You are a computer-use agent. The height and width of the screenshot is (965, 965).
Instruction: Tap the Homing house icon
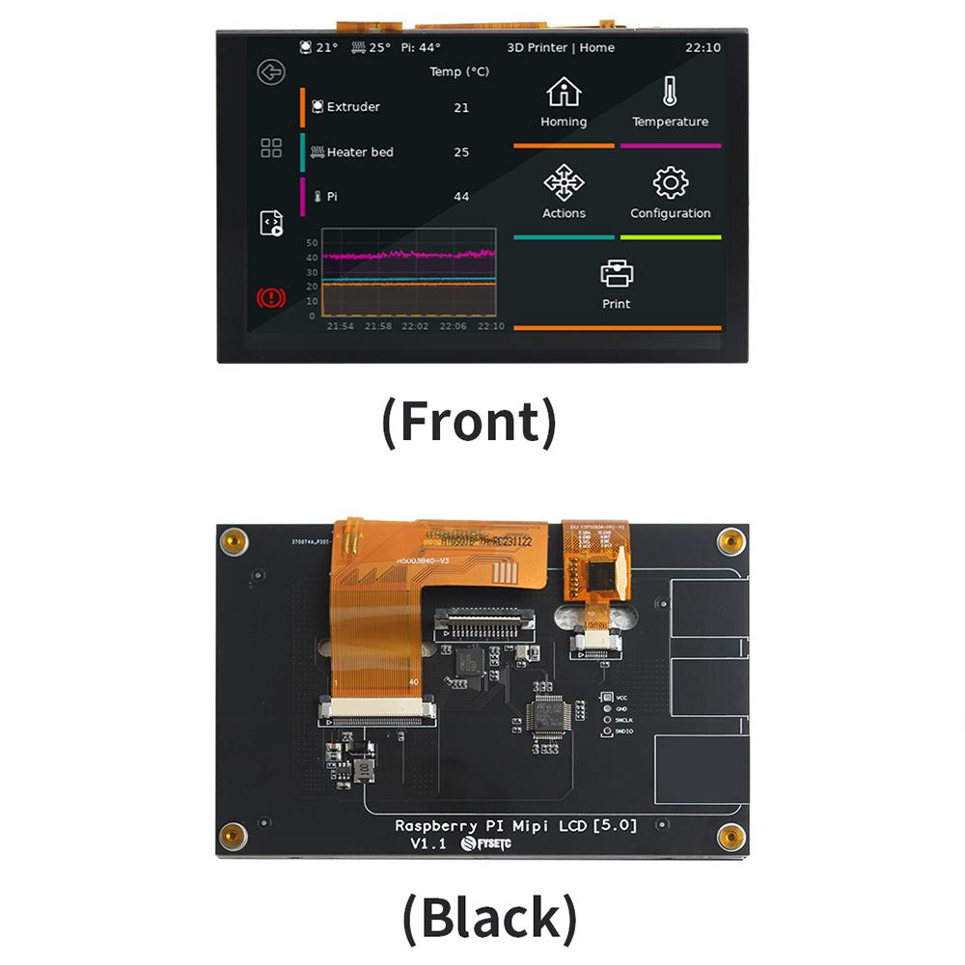pyautogui.click(x=564, y=93)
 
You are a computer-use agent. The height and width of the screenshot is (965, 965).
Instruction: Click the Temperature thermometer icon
pyautogui.click(x=670, y=93)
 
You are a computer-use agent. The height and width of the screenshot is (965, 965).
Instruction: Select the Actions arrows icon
pyautogui.click(x=564, y=181)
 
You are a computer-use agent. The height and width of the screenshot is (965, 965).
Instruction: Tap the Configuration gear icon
pyautogui.click(x=670, y=182)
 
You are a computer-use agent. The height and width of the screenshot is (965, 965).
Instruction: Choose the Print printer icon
pyautogui.click(x=617, y=273)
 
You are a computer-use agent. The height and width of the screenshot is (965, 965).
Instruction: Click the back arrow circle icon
pyautogui.click(x=271, y=72)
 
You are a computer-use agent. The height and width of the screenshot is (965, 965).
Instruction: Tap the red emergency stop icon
pyautogui.click(x=271, y=297)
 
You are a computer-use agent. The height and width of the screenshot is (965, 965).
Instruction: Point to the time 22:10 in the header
pyautogui.click(x=703, y=47)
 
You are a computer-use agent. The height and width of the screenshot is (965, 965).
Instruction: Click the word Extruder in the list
pyautogui.click(x=353, y=107)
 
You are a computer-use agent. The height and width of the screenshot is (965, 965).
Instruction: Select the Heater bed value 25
pyautogui.click(x=461, y=152)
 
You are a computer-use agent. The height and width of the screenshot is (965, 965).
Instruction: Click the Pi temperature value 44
pyautogui.click(x=461, y=197)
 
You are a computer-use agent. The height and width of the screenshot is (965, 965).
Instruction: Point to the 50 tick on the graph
pyautogui.click(x=312, y=242)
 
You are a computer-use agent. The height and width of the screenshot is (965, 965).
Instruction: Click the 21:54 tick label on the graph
pyautogui.click(x=341, y=326)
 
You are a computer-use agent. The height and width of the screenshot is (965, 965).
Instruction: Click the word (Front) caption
pyautogui.click(x=469, y=423)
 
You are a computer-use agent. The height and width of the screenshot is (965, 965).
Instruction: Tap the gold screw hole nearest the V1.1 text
pyautogui.click(x=233, y=836)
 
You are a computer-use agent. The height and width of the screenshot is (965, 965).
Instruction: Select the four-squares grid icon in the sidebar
pyautogui.click(x=271, y=148)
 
